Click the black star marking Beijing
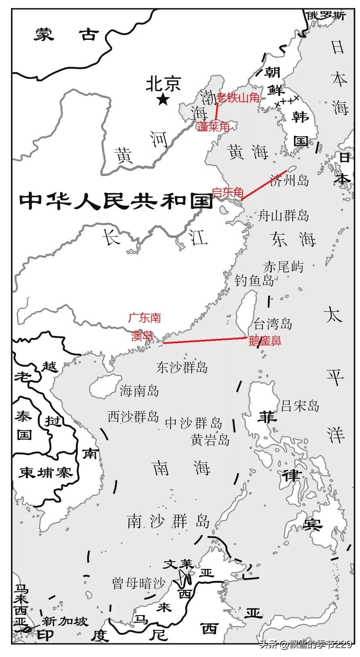[x=162, y=100]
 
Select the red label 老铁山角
[x=238, y=98]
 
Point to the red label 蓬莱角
[x=213, y=127]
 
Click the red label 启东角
[x=228, y=192]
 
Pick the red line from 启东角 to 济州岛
[x=264, y=185]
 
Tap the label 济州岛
[x=289, y=180]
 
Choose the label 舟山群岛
[x=283, y=216]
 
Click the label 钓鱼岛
[x=254, y=280]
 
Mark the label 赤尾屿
[x=283, y=266]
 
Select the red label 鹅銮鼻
[x=265, y=341]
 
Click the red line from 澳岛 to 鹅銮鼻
[x=204, y=341]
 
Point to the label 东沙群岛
[x=182, y=367]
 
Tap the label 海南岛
[x=139, y=390]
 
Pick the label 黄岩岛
[x=210, y=440]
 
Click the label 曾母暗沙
[x=139, y=583]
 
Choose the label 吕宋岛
[x=300, y=405]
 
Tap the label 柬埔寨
[x=45, y=473]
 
